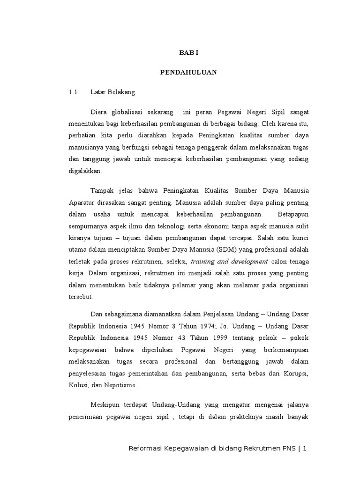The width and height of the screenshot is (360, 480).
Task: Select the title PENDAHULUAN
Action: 189,73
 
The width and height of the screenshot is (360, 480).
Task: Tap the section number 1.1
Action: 72,92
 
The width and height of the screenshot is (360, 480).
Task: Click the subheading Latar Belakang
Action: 112,92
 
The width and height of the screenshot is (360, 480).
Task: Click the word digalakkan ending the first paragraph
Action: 85,172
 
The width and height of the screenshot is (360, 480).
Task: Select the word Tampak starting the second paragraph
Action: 101,191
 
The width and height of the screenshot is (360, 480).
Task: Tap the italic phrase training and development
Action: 230,261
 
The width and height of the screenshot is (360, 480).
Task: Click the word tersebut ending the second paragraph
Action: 81,296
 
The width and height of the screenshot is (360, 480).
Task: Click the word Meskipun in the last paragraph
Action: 105,405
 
